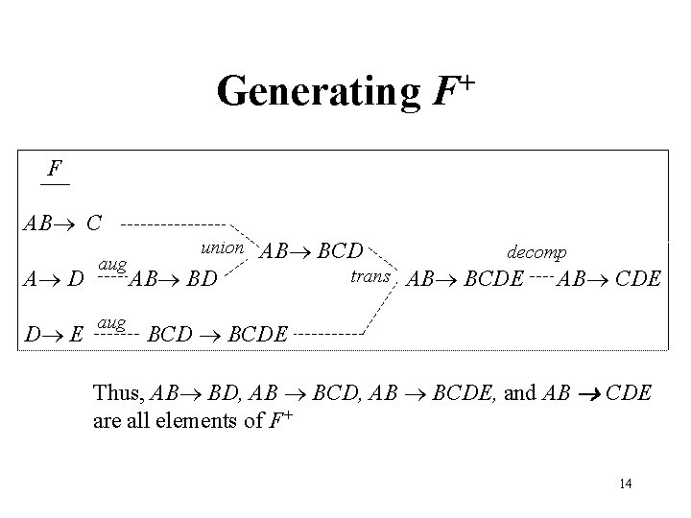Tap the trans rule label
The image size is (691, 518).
tap(369, 277)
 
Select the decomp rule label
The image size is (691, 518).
tap(537, 251)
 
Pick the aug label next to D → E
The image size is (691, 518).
tap(113, 323)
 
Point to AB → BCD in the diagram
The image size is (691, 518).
tap(313, 252)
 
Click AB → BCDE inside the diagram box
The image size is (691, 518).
tap(465, 279)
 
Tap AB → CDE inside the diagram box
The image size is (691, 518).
tap(609, 279)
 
